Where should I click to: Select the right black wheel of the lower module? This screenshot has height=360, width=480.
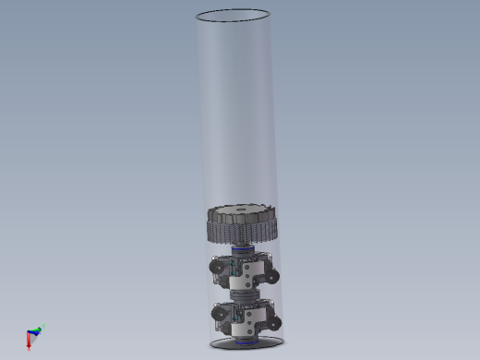[273, 324]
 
